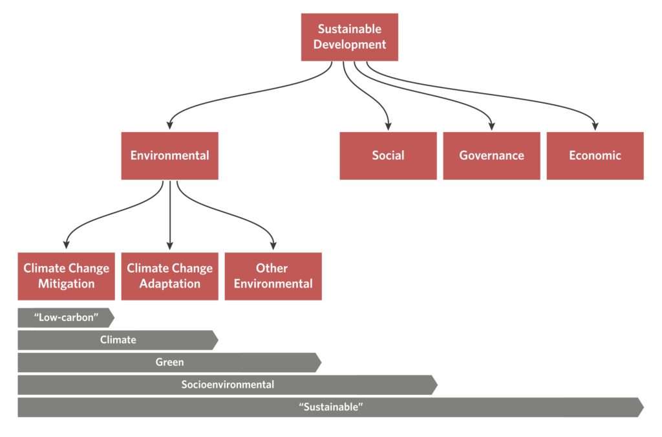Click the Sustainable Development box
(x=349, y=37)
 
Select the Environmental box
(x=169, y=155)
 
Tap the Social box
(x=388, y=155)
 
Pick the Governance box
(x=491, y=155)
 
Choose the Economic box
(x=595, y=155)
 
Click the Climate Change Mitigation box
(x=66, y=276)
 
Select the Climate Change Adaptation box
(x=169, y=276)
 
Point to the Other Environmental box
(x=273, y=276)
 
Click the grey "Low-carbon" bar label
(x=66, y=318)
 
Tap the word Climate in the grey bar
(x=118, y=340)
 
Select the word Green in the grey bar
(x=169, y=363)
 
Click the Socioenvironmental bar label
(x=228, y=385)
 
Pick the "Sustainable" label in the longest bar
(x=331, y=407)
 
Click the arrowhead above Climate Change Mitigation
(x=66, y=245)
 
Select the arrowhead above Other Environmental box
(x=273, y=245)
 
